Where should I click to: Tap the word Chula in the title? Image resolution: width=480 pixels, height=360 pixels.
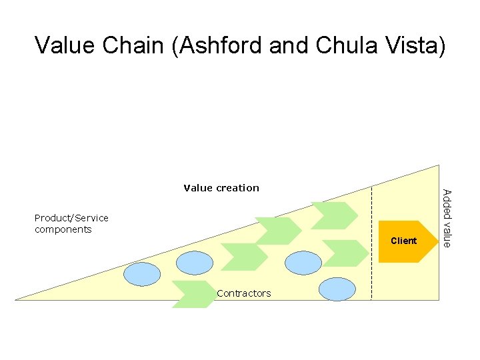(350, 45)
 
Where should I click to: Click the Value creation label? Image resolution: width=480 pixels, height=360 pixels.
(221, 188)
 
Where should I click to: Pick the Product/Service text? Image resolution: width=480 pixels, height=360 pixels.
(71, 218)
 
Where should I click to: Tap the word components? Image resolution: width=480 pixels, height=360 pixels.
(63, 229)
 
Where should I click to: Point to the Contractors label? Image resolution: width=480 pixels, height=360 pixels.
(244, 293)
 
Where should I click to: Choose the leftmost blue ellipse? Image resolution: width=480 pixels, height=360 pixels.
(142, 273)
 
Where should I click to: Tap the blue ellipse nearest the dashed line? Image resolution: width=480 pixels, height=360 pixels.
(337, 289)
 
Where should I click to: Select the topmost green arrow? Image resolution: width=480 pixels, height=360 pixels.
(335, 215)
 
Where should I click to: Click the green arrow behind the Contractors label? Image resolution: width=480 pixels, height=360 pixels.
(193, 293)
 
